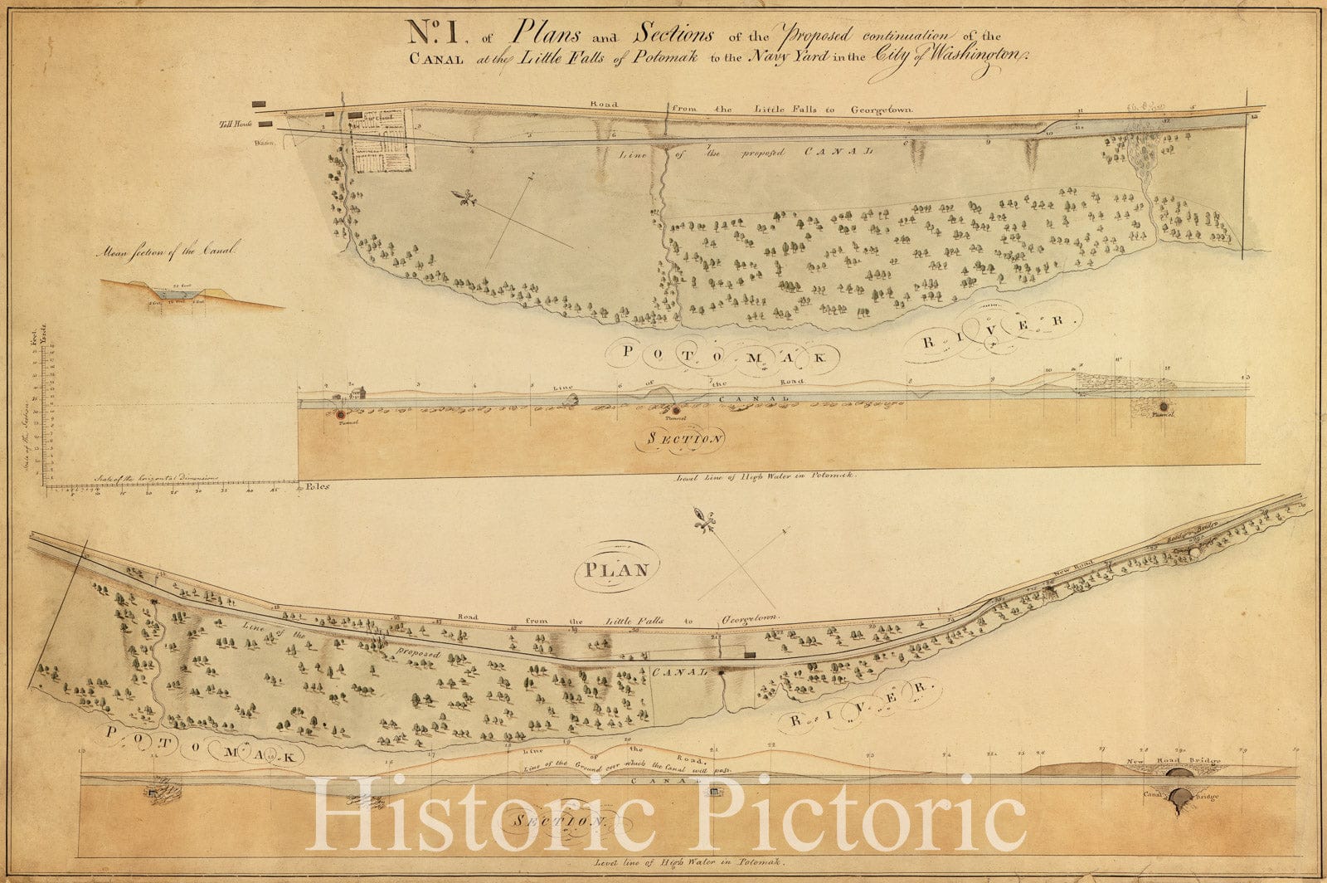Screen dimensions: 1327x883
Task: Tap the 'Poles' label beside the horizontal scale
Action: coord(316,486)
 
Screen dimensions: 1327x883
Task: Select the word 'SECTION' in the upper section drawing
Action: coord(680,439)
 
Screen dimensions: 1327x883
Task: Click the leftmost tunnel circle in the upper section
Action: coord(341,413)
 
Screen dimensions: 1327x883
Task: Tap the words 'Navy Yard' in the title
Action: coord(796,58)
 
